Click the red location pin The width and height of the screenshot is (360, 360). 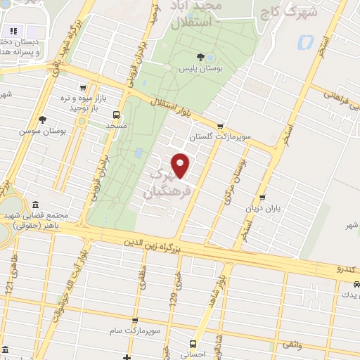click(x=181, y=165)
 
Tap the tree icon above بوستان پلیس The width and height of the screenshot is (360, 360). click(x=202, y=56)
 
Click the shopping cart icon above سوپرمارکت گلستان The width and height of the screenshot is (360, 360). click(x=220, y=127)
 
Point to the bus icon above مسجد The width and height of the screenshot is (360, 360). click(x=115, y=115)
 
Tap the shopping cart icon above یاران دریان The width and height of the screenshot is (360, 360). click(x=262, y=198)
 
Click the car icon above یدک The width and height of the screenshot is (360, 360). click(x=356, y=283)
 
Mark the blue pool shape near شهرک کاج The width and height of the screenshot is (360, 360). click(x=305, y=42)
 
